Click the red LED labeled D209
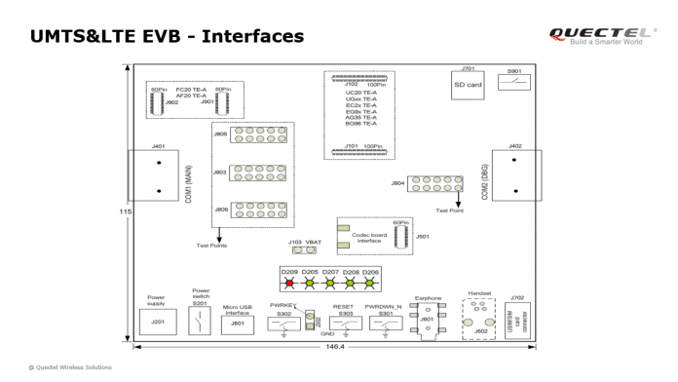point(287,284)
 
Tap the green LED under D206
point(371,284)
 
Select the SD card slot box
point(467,84)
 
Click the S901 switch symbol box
point(514,85)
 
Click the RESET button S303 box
point(342,324)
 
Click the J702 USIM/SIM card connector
point(517,318)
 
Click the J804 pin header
point(434,183)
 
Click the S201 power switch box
point(200,322)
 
